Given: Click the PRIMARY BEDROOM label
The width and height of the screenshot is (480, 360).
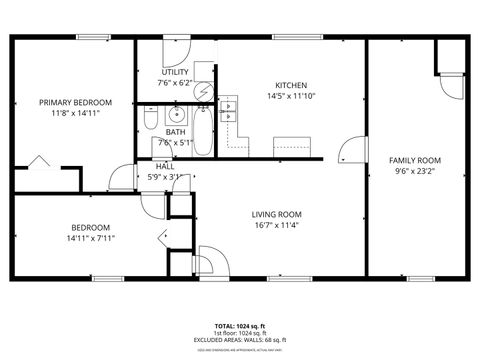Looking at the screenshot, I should pyautogui.click(x=75, y=102).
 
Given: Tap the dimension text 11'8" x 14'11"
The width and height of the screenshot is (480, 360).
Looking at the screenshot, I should pyautogui.click(x=75, y=114).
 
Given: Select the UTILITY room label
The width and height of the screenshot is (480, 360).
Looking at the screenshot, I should pyautogui.click(x=175, y=72).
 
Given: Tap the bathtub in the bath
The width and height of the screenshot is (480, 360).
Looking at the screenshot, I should pyautogui.click(x=203, y=136).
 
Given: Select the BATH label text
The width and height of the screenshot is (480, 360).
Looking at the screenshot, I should pyautogui.click(x=175, y=132).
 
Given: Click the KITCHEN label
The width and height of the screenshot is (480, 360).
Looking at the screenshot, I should pyautogui.click(x=291, y=85).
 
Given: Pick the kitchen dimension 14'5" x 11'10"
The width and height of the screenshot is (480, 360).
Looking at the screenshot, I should pyautogui.click(x=291, y=97).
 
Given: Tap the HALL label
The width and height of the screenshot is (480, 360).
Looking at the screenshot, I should pyautogui.click(x=164, y=166).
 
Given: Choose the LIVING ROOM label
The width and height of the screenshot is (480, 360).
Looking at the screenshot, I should pyautogui.click(x=276, y=214).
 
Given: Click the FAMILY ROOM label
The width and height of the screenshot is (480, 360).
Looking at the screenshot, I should pyautogui.click(x=415, y=160).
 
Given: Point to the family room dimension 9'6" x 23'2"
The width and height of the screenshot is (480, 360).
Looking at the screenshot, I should pyautogui.click(x=415, y=172).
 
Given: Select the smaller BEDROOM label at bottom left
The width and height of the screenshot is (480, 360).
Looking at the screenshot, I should pyautogui.click(x=90, y=227).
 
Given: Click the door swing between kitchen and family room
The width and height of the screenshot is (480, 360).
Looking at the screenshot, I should pyautogui.click(x=349, y=151).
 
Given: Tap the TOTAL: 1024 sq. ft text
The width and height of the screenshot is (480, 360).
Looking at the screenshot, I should pyautogui.click(x=239, y=327).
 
